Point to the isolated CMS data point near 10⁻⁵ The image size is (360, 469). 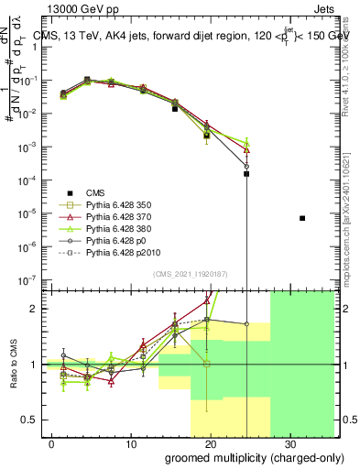[302, 218]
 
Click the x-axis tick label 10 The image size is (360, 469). [130, 442]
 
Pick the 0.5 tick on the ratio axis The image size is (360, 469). [29, 420]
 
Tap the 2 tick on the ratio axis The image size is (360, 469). [34, 309]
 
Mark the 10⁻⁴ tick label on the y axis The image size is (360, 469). [28, 180]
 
